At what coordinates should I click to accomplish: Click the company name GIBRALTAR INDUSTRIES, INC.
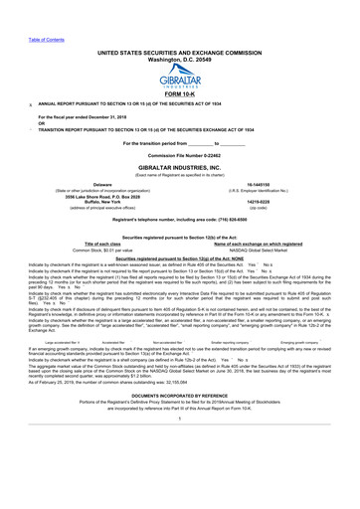tap(180, 170)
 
